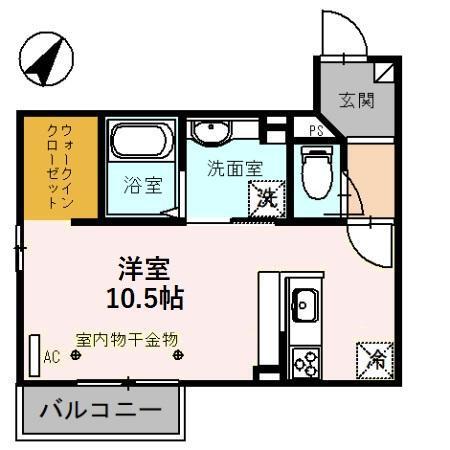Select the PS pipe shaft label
(315, 130)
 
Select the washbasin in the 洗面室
(211, 133)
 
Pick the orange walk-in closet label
(59, 166)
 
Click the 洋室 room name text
(143, 267)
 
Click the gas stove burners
(304, 359)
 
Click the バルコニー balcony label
(100, 411)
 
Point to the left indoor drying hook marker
(75, 354)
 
